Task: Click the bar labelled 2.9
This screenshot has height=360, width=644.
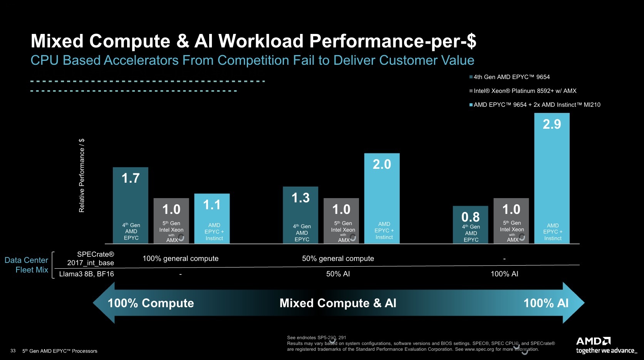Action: click(552, 178)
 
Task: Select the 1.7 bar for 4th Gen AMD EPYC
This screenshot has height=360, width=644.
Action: click(131, 205)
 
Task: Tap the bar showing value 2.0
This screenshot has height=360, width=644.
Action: click(382, 198)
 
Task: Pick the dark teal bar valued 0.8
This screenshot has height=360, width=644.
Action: click(470, 224)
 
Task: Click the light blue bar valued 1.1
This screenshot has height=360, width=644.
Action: click(212, 219)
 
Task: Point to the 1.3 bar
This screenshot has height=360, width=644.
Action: click(300, 215)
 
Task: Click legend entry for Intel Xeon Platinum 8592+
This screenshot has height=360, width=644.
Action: click(523, 91)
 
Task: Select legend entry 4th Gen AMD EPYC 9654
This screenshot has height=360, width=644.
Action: click(510, 77)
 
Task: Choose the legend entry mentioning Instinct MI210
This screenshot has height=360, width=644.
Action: click(535, 105)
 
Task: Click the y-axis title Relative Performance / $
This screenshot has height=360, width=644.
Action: click(82, 175)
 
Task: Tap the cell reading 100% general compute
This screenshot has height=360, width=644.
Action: click(181, 258)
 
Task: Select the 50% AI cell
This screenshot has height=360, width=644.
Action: click(338, 274)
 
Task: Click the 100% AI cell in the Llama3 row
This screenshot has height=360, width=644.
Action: click(504, 274)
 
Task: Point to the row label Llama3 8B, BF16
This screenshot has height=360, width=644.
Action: click(87, 274)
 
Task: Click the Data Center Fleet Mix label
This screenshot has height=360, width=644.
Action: click(26, 265)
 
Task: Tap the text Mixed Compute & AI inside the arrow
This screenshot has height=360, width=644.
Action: click(338, 303)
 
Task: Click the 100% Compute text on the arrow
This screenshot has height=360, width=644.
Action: click(151, 303)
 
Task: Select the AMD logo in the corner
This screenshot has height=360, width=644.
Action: click(593, 341)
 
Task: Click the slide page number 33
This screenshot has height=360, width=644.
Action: click(13, 350)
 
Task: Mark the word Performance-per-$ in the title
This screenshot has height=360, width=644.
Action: click(393, 41)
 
